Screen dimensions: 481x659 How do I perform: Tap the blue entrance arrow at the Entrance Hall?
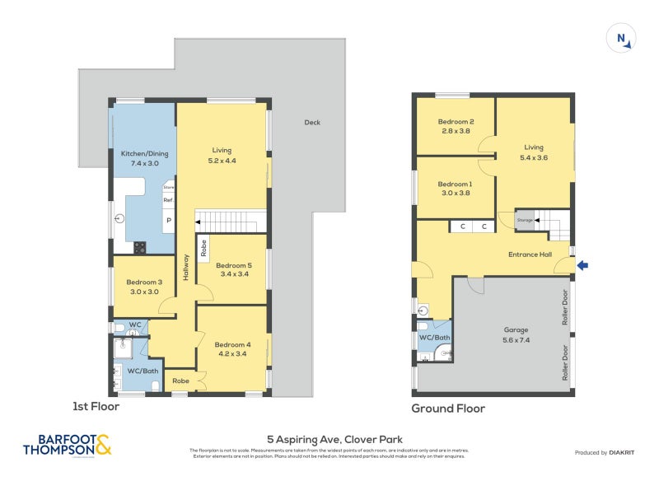click(584, 265)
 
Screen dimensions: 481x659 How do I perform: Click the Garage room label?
click(516, 329)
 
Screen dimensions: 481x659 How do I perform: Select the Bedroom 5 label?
click(233, 265)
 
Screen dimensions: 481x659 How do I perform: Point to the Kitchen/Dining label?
click(144, 154)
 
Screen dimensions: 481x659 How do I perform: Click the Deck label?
click(312, 123)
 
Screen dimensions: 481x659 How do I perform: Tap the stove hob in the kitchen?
click(140, 246)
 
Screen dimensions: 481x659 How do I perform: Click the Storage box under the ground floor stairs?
click(525, 220)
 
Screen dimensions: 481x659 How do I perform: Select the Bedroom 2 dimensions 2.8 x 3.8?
click(456, 130)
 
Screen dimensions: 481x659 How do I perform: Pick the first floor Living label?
click(222, 150)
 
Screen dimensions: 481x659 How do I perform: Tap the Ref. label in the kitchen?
click(168, 200)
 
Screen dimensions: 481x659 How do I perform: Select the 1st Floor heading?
click(96, 406)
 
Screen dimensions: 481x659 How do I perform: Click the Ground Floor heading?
click(448, 408)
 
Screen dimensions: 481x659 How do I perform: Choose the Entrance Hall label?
click(529, 255)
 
